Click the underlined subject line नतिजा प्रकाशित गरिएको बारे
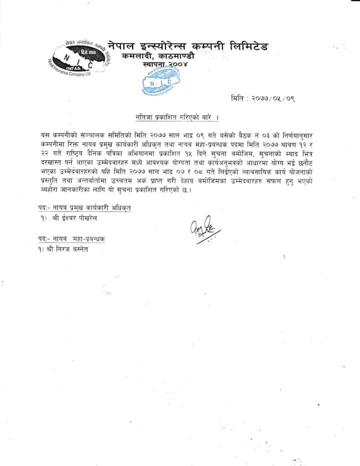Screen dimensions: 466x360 [x=178, y=116]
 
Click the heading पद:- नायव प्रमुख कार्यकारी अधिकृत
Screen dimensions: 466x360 [x=84, y=207]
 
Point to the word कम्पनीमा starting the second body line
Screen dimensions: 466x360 [x=52, y=144]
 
